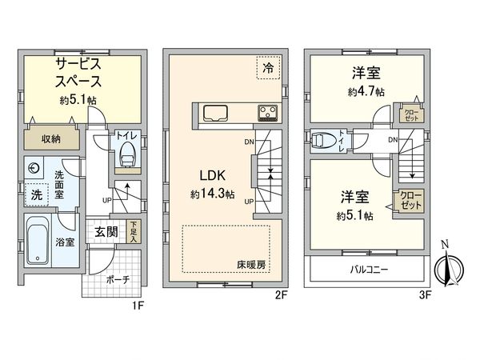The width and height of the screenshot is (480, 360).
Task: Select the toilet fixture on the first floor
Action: [x=126, y=157]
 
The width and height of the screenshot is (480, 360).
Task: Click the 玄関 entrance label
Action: [x=106, y=232]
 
